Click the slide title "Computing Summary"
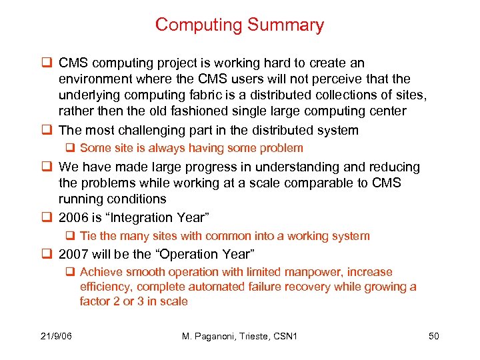click(239, 25)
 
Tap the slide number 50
click(433, 336)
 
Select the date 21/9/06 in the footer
click(55, 336)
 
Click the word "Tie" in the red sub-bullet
click(88, 236)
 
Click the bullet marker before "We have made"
click(47, 167)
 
